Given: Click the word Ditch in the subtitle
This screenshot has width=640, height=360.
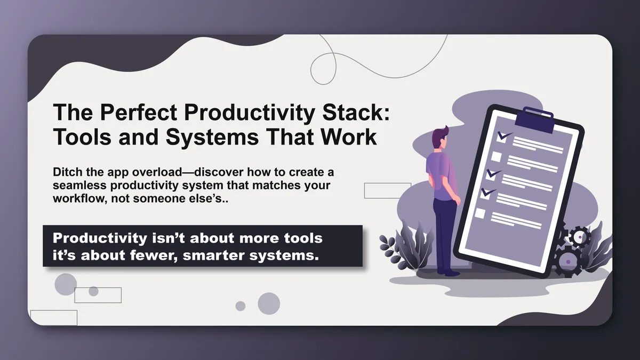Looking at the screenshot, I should click(68, 173).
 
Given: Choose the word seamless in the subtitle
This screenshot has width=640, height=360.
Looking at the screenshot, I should click(80, 185).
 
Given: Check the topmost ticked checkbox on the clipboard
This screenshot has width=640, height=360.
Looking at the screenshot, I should click(502, 137).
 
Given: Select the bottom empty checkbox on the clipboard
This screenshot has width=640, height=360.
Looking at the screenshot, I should click(480, 213).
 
